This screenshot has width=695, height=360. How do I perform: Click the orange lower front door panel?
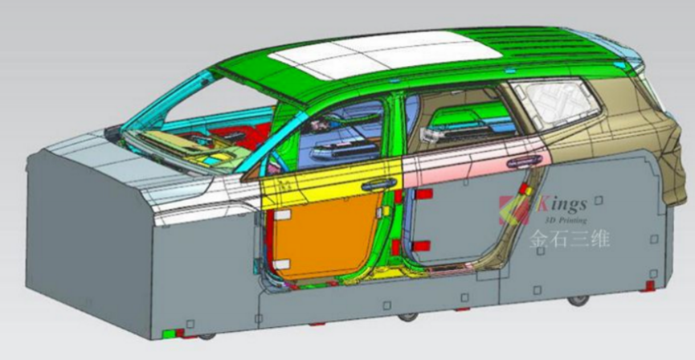point(325,237)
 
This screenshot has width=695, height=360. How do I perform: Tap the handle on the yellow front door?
point(379,183)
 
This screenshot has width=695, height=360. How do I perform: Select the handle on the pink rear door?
point(525,162)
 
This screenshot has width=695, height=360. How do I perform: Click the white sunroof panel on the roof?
point(385,55)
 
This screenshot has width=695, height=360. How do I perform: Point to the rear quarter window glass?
point(556,103)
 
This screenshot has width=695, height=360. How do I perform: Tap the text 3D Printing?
point(565,219)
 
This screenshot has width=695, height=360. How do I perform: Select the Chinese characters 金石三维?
point(569,238)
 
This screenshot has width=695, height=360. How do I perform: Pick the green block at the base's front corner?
point(169,333)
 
